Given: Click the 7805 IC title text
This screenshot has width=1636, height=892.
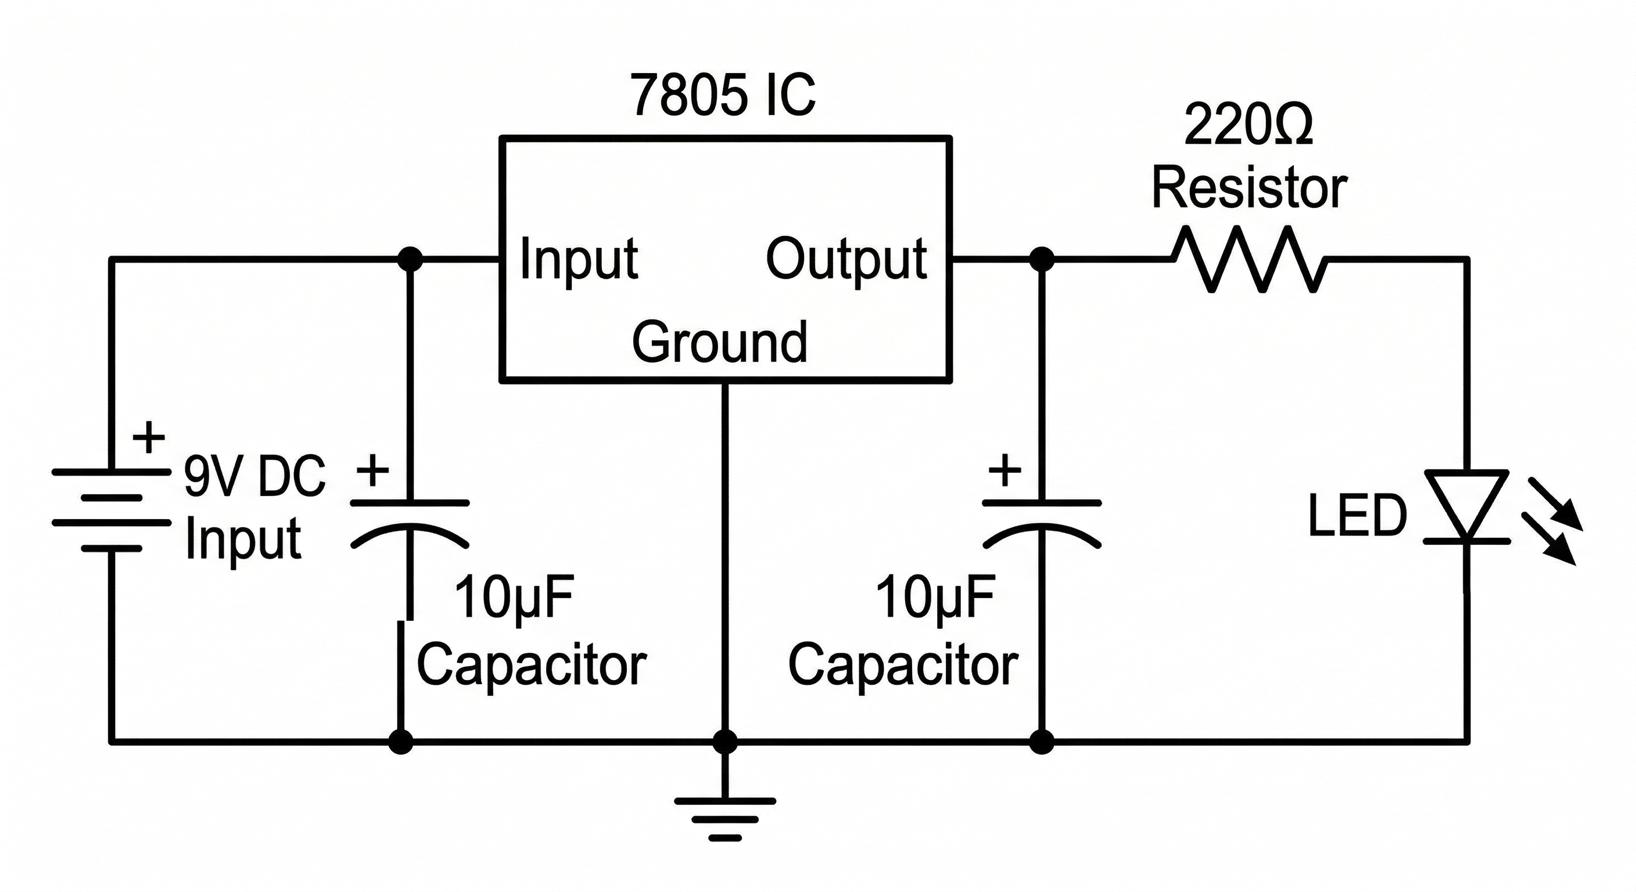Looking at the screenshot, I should tap(723, 95).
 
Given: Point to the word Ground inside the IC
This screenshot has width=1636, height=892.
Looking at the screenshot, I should tap(720, 342).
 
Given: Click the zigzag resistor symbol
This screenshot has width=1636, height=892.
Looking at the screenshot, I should tap(1248, 259).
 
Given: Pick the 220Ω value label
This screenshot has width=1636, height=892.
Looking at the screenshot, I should tap(1248, 125).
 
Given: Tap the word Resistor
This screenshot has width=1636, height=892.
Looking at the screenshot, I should tap(1249, 189).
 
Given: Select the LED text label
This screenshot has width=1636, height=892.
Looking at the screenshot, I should tap(1357, 516).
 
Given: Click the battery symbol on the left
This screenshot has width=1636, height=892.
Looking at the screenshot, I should tap(112, 510).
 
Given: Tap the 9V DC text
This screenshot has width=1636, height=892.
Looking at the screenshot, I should tap(254, 476).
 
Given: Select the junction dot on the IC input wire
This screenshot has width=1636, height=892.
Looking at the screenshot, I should tap(410, 259).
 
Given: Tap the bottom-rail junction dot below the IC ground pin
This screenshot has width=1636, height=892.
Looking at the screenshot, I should tap(724, 741).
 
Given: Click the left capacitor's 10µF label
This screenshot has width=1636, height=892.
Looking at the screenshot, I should tap(514, 598).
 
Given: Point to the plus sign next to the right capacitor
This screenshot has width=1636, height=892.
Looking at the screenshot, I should tap(1004, 471).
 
